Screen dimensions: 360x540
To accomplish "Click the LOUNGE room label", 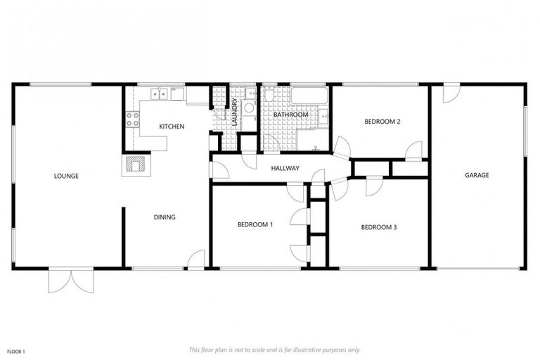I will click(x=66, y=176).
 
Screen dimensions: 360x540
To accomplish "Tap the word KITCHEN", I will click(x=172, y=127).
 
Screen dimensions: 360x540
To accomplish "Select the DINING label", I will click(x=165, y=217).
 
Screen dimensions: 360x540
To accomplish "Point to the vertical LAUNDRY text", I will click(x=235, y=112).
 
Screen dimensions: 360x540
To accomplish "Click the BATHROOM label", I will click(x=291, y=114).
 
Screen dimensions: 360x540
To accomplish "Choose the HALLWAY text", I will click(x=285, y=169).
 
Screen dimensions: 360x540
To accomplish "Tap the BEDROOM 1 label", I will click(x=255, y=225).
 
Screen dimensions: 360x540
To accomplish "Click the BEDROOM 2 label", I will click(x=382, y=122).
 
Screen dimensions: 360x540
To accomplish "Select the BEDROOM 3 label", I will click(x=379, y=227).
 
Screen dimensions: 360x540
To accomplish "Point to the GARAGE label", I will click(x=476, y=176).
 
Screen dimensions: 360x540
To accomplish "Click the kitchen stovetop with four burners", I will click(x=131, y=120).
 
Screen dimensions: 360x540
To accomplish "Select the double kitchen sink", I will click(x=162, y=92).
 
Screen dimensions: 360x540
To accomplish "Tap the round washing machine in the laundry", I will click(x=248, y=108).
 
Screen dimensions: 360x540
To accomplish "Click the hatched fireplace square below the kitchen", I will click(x=134, y=165).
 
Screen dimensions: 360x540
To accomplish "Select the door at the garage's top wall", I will click(x=451, y=92).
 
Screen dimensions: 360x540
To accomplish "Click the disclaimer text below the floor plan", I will click(x=275, y=349).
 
